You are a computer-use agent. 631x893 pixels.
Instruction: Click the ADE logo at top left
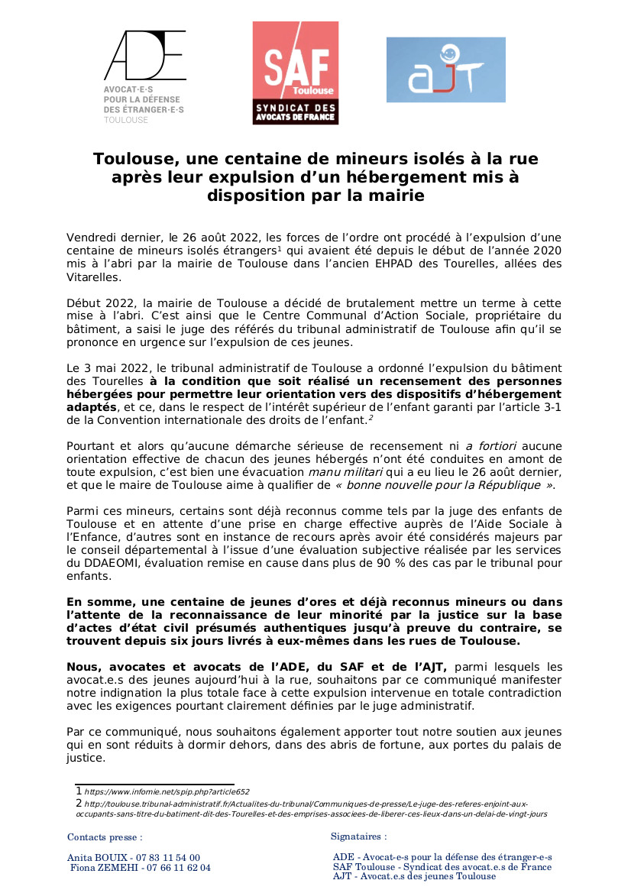tap(144, 76)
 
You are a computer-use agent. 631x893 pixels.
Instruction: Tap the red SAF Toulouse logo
tap(295, 73)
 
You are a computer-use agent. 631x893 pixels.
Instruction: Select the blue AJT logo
tap(445, 70)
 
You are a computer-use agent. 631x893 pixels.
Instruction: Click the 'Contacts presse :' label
tap(105, 837)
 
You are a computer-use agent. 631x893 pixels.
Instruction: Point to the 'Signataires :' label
tap(359, 837)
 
